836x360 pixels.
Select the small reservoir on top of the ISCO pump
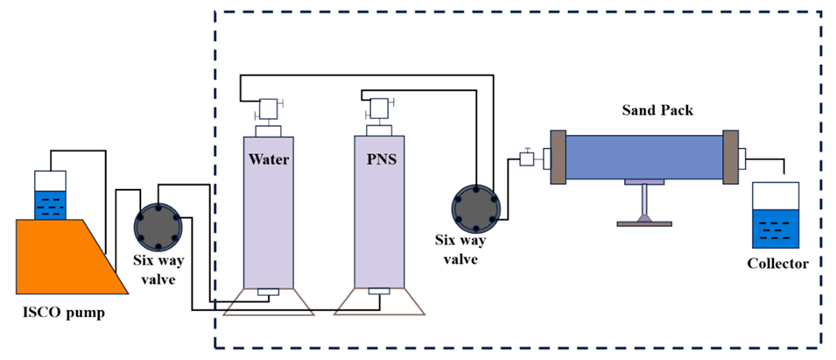[49, 194]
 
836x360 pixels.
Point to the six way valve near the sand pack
[476, 207]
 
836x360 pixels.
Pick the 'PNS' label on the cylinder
[378, 160]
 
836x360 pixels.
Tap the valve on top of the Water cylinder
[268, 109]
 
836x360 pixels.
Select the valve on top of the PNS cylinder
[379, 109]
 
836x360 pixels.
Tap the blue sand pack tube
[645, 157]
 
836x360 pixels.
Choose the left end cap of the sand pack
[557, 157]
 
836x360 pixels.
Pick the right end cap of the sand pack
[730, 157]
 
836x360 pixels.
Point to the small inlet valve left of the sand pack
[527, 159]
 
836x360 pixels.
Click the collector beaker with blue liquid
[776, 215]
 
